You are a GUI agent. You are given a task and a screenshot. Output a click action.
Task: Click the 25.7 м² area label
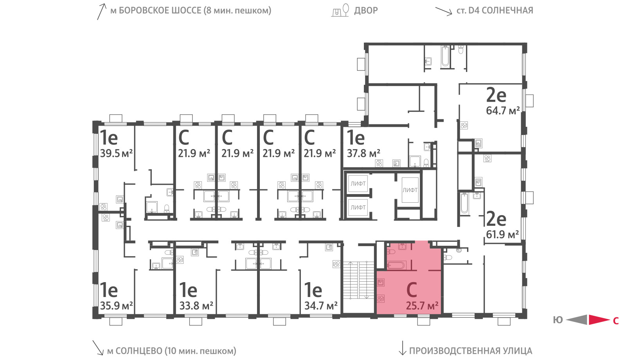coord(422,306)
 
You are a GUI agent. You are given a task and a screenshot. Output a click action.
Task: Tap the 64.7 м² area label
coord(503,111)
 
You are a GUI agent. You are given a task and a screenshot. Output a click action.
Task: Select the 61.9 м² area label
coord(502,234)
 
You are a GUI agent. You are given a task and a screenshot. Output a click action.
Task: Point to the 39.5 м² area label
coord(116,153)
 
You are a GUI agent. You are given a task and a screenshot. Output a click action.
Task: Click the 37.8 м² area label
coord(363,153)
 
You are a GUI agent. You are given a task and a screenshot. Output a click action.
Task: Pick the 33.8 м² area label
coord(196,306)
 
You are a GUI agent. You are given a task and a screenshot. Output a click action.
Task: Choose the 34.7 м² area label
coord(321,306)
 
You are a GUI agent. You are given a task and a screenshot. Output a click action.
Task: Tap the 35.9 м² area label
coord(116,306)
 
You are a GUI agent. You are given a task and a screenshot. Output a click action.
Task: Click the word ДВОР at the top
coord(366,10)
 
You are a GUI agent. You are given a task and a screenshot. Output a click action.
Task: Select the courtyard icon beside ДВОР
coord(340,10)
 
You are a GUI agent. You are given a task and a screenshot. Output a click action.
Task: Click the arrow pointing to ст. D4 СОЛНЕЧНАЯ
coord(444,11)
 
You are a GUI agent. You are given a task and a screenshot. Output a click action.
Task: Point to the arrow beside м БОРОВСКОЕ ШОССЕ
coord(101,11)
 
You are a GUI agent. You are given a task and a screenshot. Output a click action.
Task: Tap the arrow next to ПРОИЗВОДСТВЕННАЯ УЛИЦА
coord(402,348)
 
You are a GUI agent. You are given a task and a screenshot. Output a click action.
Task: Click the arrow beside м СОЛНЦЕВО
coord(98,347)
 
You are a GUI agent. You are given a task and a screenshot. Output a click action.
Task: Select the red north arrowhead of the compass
coord(599,320)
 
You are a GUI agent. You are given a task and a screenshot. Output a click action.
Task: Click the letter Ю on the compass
coord(558,320)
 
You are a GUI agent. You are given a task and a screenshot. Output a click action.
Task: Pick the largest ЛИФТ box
coord(410,190)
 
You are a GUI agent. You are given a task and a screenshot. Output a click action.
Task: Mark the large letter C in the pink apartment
coord(412,290)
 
